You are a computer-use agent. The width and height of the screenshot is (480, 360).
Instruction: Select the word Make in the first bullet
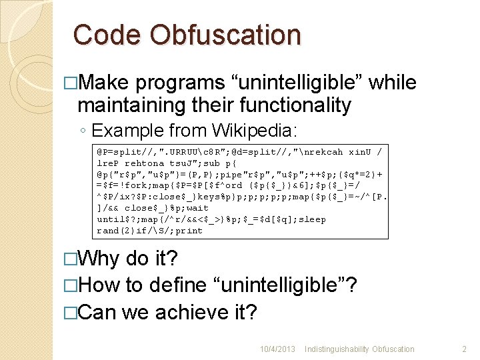(x=105, y=83)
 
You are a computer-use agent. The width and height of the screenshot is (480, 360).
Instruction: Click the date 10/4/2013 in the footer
(x=278, y=349)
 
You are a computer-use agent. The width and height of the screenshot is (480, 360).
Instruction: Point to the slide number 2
(x=465, y=349)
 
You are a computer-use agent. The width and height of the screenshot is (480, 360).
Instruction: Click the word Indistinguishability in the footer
(x=339, y=349)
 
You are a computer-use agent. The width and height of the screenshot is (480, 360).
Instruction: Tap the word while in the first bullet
(x=393, y=83)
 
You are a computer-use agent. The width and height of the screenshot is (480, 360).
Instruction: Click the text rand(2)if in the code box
(x=122, y=231)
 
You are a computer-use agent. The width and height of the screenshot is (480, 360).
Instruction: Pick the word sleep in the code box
(x=312, y=219)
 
